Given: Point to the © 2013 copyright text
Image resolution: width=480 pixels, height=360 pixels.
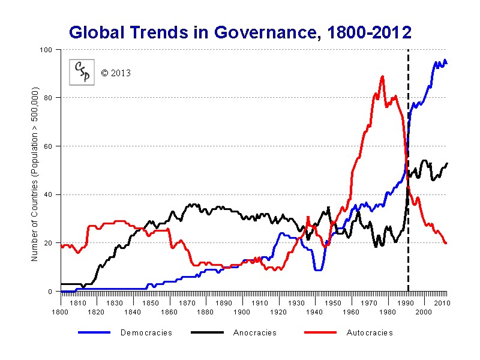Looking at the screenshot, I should point(115,73).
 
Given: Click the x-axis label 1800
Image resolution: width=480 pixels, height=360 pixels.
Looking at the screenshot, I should point(60,313).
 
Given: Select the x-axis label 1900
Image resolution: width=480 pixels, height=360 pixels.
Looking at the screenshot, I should point(242,313).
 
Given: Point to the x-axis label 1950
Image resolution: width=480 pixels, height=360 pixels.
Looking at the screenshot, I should point(333,303).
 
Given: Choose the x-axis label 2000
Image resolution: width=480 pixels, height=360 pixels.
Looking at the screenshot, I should point(424,313).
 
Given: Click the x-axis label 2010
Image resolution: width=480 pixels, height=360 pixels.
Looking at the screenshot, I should point(442,303).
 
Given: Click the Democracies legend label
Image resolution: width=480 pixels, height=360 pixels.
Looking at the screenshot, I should point(146,332).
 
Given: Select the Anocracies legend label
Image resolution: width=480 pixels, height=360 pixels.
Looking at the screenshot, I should point(255,332).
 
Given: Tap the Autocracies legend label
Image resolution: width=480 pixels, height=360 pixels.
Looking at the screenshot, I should point(370,332).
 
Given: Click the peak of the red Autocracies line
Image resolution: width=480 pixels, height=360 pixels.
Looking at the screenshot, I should point(382,77).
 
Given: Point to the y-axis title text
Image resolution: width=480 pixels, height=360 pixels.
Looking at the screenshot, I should point(35,174).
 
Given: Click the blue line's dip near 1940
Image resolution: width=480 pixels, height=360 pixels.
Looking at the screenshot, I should point(318,269).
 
